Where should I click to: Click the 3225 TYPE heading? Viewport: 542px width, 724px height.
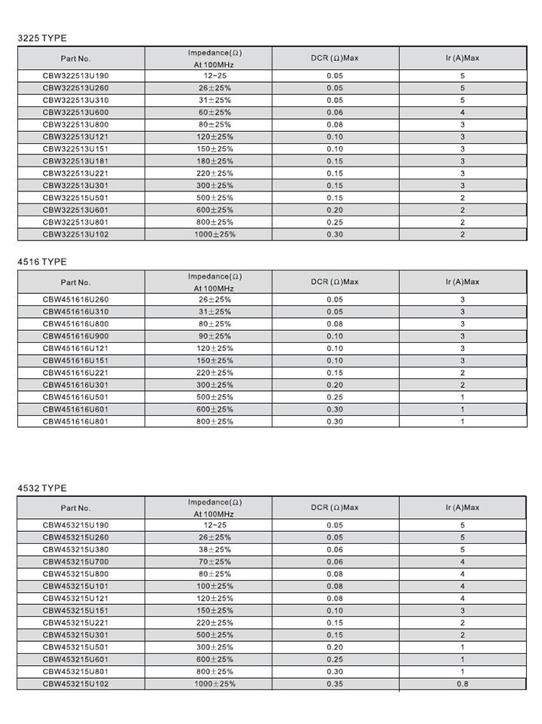coord(42,37)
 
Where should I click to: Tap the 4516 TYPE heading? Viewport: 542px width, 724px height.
coord(42,261)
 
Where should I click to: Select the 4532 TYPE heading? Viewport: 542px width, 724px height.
coord(42,488)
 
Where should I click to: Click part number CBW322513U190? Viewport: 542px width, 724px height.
coord(81,76)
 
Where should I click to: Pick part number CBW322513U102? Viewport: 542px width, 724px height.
coord(81,234)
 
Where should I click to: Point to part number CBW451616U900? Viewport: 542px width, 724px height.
coord(81,336)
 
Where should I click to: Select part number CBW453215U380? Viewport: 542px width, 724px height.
coord(81,549)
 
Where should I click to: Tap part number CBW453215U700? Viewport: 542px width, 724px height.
coord(81,561)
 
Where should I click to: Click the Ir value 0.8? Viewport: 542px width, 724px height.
coord(462,683)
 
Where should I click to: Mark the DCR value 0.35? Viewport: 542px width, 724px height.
coord(335,683)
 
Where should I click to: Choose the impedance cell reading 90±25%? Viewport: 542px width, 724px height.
coord(215,336)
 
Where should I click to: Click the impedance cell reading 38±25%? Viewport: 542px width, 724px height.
coord(215,549)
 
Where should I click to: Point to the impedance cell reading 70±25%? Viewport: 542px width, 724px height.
coord(215,561)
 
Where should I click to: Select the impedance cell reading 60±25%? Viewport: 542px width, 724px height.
coord(215,112)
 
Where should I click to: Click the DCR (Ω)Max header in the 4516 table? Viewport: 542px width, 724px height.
coord(335,282)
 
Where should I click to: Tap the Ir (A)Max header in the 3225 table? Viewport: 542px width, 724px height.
coord(462,58)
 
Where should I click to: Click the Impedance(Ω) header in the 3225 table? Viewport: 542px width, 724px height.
coord(215,53)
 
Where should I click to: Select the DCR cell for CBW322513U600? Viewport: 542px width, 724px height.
coord(335,112)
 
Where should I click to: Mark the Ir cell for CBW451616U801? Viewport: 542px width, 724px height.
coord(462,421)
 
